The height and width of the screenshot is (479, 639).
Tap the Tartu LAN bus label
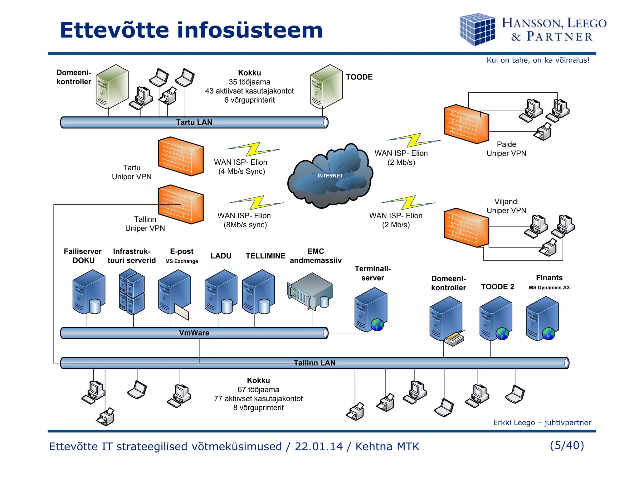194,122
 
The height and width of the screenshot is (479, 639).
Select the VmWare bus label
194,333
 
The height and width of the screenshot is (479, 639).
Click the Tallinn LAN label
315,363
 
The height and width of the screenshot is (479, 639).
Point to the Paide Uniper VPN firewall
466,124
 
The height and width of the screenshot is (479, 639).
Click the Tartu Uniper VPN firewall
181,156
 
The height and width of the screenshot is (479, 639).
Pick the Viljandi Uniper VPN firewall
466,228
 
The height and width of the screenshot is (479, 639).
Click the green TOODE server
326,86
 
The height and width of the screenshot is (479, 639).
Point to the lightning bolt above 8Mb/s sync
256,202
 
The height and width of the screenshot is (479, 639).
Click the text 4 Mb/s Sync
241,172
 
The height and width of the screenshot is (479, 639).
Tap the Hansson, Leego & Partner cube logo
477,29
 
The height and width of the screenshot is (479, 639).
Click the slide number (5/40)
567,445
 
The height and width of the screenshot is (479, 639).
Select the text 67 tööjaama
258,389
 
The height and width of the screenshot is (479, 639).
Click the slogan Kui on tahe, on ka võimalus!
538,60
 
